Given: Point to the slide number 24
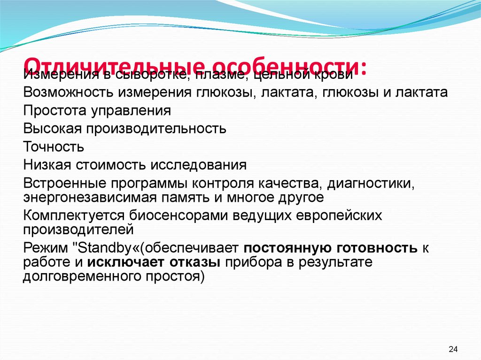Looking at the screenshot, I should (453, 349).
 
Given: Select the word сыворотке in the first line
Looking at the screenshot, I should (149, 75).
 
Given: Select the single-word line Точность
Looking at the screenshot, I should (54, 146).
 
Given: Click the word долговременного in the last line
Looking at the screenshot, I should (80, 276).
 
